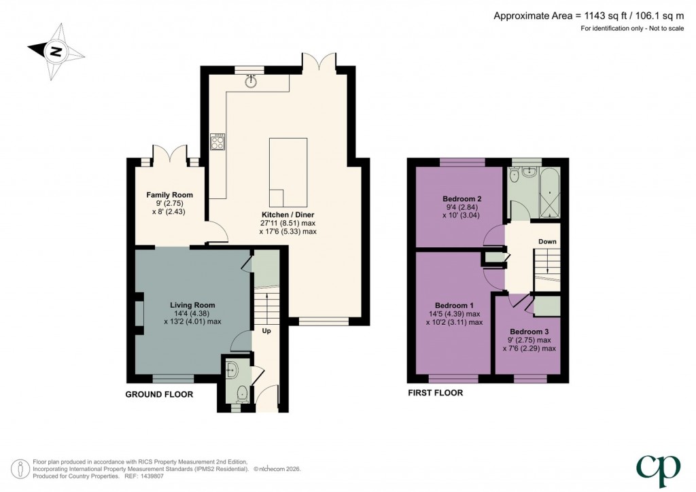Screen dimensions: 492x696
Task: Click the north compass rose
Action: pyautogui.click(x=55, y=50)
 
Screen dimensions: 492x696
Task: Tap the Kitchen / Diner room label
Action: pyautogui.click(x=288, y=214)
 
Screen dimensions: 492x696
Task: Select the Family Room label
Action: pyautogui.click(x=165, y=195)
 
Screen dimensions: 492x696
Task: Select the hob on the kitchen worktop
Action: pyautogui.click(x=219, y=142)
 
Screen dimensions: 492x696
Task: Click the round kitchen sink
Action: pyautogui.click(x=252, y=81)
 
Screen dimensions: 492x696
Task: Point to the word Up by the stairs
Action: pyautogui.click(x=267, y=332)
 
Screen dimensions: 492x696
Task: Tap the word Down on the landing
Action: pyautogui.click(x=548, y=241)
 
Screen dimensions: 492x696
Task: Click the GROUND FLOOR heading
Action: pyautogui.click(x=159, y=394)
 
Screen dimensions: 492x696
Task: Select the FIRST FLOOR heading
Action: pyautogui.click(x=435, y=393)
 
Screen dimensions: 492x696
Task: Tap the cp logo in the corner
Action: pyautogui.click(x=657, y=467)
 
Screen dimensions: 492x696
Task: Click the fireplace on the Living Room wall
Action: pyautogui.click(x=139, y=313)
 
